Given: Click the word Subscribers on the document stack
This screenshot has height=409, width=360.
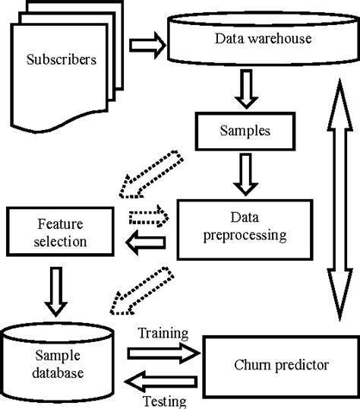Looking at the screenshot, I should tap(62, 59).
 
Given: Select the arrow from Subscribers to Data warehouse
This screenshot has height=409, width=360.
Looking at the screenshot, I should tap(147, 46).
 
